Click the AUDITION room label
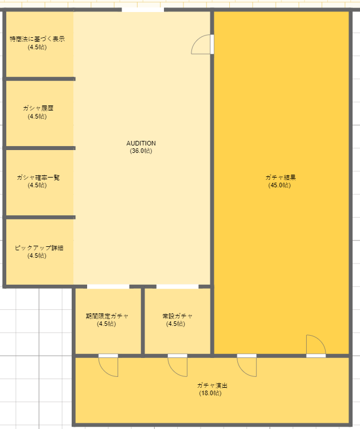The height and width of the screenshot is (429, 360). coord(141,143)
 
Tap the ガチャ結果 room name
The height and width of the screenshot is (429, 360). coord(280,178)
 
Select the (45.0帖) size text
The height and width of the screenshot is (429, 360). coord(280,185)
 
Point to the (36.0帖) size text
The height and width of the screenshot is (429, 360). coord(141,151)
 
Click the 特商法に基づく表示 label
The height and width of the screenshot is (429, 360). coord(37,39)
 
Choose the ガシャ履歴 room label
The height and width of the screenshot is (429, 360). coord(38,108)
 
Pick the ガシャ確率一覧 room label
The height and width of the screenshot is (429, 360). coord(38,178)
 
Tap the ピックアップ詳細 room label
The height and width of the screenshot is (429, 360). coord(39,248)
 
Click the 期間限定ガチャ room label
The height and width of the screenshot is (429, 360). coord(107,316)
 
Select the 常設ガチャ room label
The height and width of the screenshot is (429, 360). coord(177,316)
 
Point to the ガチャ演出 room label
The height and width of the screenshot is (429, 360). coord(212,385)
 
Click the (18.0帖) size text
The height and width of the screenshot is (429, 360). coord(210,393)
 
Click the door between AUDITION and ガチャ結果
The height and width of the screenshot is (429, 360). coord(202,44)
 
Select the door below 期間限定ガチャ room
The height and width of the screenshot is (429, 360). coord(108,365)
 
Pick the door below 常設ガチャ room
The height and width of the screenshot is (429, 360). coord(178,365)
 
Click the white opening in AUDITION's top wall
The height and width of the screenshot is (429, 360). coord(143,10)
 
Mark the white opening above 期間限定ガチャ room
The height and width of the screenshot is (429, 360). coord(108,286)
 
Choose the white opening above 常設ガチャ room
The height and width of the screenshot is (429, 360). coord(177,286)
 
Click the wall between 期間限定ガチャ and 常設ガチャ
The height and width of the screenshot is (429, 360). coord(143,321)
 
